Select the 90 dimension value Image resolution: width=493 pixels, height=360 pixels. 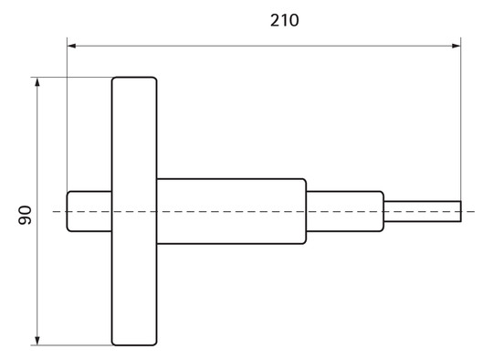click(x=25, y=216)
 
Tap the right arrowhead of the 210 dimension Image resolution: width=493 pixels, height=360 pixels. click(x=456, y=43)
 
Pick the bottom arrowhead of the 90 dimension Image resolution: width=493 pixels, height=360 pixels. click(x=37, y=340)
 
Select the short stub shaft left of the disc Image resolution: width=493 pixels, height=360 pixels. click(x=89, y=211)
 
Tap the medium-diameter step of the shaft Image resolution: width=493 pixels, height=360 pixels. click(x=344, y=211)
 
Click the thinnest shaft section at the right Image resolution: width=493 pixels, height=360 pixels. click(x=422, y=211)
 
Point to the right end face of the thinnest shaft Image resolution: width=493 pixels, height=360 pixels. click(x=460, y=211)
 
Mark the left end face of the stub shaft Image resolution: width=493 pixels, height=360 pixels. click(x=67, y=211)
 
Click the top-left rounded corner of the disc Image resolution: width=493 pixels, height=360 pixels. click(x=115, y=80)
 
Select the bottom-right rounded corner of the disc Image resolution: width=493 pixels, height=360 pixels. click(x=153, y=343)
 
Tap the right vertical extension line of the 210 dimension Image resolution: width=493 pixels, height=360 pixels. click(x=460, y=119)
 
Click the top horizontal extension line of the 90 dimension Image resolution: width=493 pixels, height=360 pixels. click(x=73, y=78)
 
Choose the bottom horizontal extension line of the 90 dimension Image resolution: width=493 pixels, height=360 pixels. click(x=73, y=345)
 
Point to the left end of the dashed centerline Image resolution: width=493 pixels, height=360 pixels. click(x=54, y=211)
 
